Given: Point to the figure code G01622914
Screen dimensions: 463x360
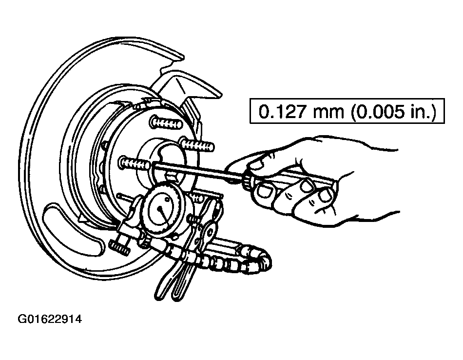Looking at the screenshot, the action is tap(50, 319).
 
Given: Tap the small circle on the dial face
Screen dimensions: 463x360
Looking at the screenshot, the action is tap(168, 200).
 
